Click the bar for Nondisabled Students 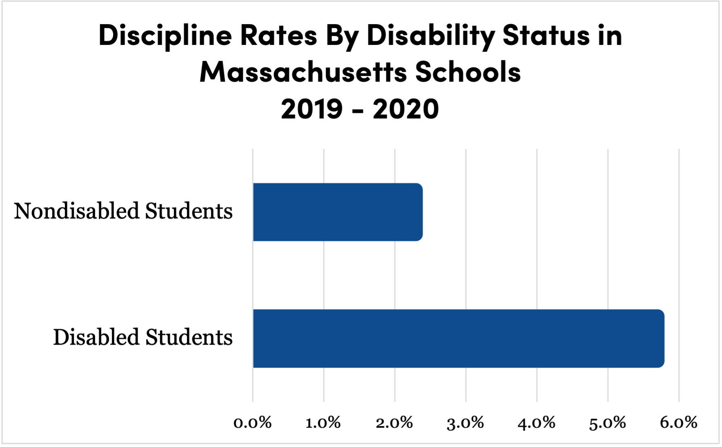tap(338, 212)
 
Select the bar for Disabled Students tap(458, 338)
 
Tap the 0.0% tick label tap(253, 423)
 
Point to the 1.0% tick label tap(323, 423)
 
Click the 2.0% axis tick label tap(394, 423)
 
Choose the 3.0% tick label tap(465, 423)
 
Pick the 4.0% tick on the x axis tap(536, 423)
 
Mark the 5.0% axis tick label tap(607, 423)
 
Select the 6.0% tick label tap(678, 423)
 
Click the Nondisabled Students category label tap(123, 211)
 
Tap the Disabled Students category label tap(143, 338)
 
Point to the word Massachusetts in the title tap(303, 72)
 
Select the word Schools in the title tap(468, 72)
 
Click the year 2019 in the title tap(312, 109)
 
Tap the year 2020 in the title tap(406, 109)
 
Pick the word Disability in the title tap(430, 36)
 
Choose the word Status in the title tap(546, 36)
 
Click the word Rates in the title tap(278, 36)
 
